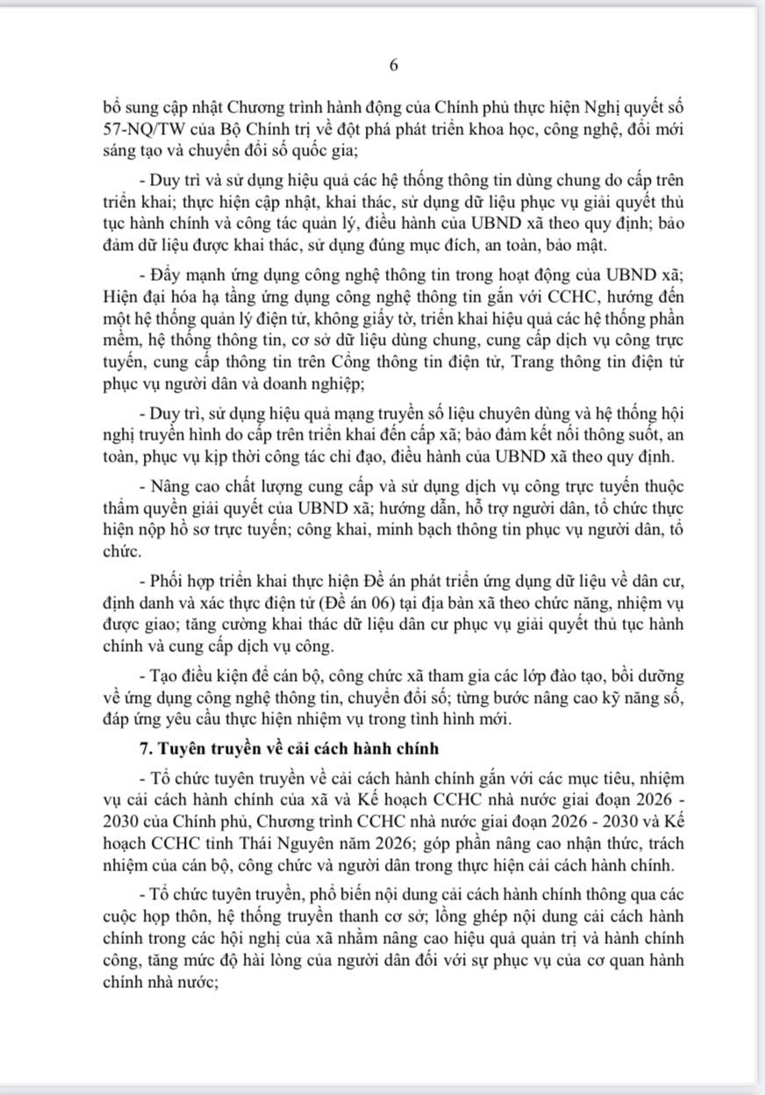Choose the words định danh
pos(132,602)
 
